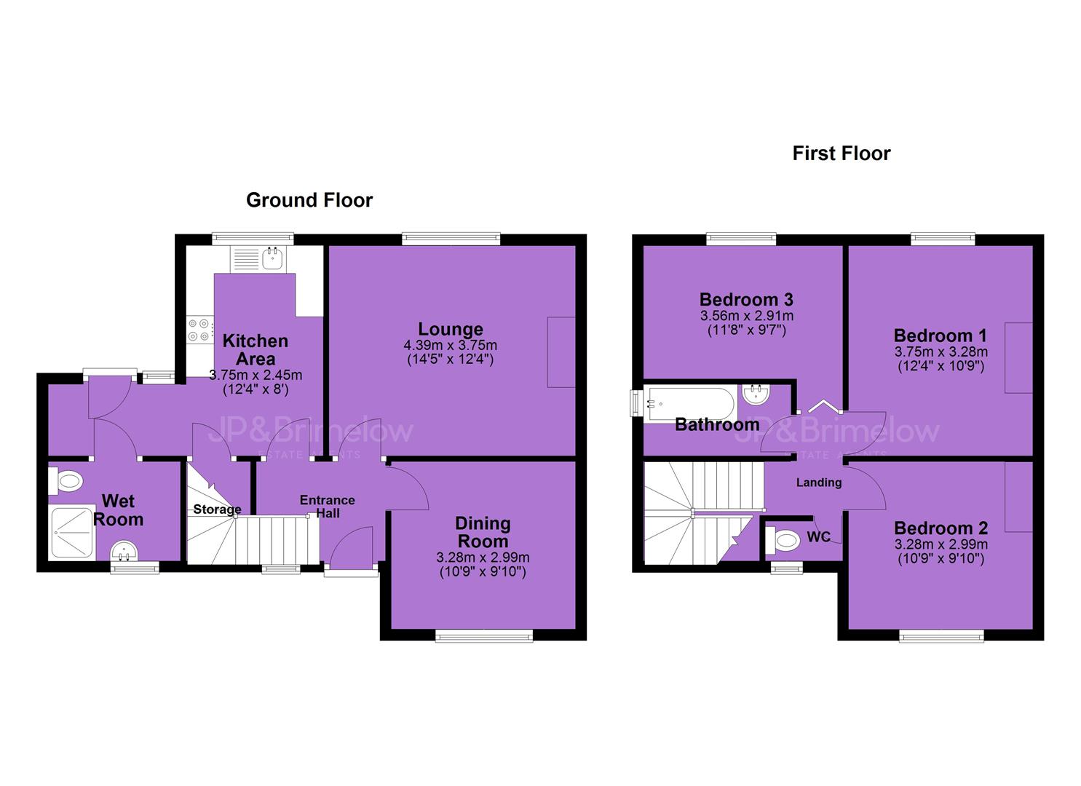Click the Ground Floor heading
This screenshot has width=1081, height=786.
click(309, 200)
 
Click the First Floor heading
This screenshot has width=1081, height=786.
click(842, 154)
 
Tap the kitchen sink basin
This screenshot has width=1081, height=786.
click(273, 258)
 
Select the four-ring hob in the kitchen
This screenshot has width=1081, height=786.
click(199, 330)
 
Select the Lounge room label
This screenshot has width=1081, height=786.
click(451, 329)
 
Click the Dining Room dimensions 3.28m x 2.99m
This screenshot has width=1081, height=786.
click(483, 557)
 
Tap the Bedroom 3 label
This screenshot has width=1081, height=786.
click(746, 300)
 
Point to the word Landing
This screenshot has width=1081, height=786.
click(818, 483)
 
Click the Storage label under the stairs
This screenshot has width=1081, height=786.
click(217, 509)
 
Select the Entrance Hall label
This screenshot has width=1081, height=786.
click(327, 506)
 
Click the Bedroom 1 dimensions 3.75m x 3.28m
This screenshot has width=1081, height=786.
click(941, 352)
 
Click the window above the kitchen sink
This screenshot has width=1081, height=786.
click(253, 239)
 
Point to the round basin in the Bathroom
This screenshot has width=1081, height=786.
click(756, 394)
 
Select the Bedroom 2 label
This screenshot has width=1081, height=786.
click(941, 528)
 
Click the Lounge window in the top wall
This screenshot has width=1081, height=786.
click(451, 238)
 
